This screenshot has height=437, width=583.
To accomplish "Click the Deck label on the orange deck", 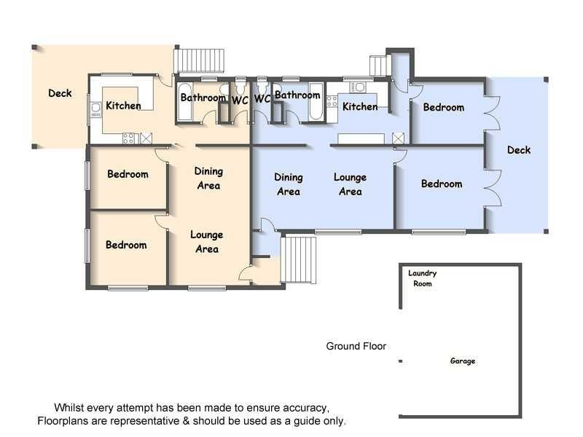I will pyautogui.click(x=60, y=93).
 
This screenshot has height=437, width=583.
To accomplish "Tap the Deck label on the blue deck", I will pyautogui.click(x=519, y=150).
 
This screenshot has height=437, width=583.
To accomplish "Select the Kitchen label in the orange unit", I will pyautogui.click(x=123, y=106).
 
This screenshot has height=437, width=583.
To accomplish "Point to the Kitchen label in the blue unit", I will pyautogui.click(x=360, y=107).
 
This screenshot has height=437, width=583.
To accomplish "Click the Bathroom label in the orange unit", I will pyautogui.click(x=203, y=98).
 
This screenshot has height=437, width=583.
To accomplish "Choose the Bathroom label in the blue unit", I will pyautogui.click(x=297, y=95).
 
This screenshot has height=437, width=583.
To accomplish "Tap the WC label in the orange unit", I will pyautogui.click(x=240, y=100).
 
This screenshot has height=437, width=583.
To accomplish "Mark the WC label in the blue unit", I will pyautogui.click(x=262, y=99).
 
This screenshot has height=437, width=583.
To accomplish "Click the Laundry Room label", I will pyautogui.click(x=423, y=278).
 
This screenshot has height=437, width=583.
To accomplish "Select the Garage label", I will pyautogui.click(x=463, y=361).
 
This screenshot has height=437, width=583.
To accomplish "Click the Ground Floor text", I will pyautogui.click(x=356, y=347).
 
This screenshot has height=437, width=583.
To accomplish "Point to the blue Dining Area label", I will pyautogui.click(x=289, y=184).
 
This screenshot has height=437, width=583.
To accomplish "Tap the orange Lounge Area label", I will pyautogui.click(x=207, y=242).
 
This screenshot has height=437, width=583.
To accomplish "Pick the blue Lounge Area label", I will pyautogui.click(x=350, y=184).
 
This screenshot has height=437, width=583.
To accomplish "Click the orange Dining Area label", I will pyautogui.click(x=208, y=178).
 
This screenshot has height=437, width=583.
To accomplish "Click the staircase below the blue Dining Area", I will pyautogui.click(x=300, y=259).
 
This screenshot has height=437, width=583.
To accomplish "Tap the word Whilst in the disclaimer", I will pyautogui.click(x=71, y=407).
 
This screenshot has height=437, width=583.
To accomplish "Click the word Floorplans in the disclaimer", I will pyautogui.click(x=64, y=421).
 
